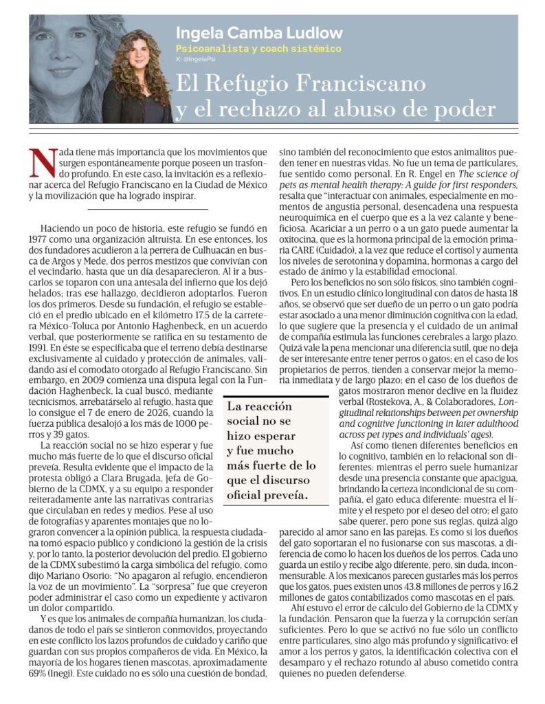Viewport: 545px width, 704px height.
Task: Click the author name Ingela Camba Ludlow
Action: coord(259,33)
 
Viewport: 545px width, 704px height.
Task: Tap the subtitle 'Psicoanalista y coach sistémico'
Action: coord(258,49)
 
